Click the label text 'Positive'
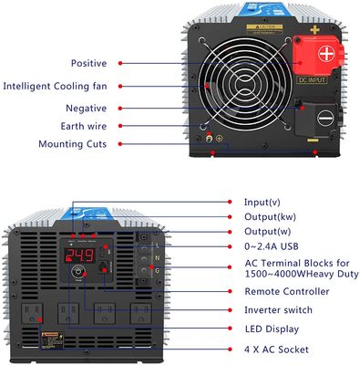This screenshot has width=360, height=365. (87, 63)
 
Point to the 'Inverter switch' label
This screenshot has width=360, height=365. (281, 309)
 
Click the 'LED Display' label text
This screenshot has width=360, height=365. (272, 328)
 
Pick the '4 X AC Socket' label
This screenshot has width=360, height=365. (276, 349)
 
